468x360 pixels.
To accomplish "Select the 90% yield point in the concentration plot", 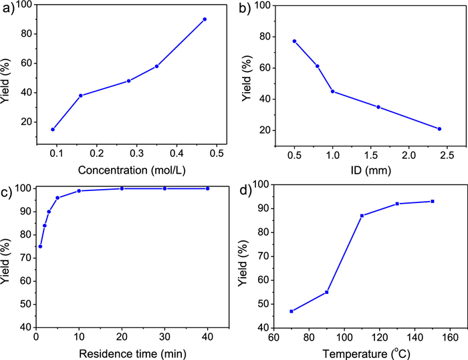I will pos(205,19).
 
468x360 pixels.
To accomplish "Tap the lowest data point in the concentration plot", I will pos(53,129).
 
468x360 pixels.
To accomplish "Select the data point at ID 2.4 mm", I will pos(439,129).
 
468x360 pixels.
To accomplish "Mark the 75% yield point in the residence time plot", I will pos(40,246).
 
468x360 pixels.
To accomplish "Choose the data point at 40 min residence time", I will pos(208,188).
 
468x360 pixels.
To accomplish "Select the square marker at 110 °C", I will pos(362,215).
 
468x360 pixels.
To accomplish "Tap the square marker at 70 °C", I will pos(291,311).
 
